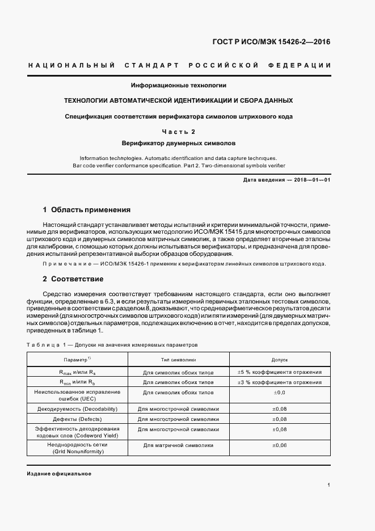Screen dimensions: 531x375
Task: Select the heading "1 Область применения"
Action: click(x=87, y=209)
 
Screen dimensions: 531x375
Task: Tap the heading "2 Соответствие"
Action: click(x=73, y=279)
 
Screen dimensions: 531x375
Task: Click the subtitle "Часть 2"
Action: click(x=179, y=132)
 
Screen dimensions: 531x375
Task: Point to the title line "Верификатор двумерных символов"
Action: click(x=179, y=144)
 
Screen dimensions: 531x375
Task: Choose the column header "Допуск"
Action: click(x=280, y=360)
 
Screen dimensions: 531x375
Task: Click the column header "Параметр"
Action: click(x=77, y=360)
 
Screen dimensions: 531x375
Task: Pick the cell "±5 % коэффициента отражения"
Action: click(x=280, y=372)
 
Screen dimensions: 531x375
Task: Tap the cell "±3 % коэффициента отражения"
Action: click(x=280, y=382)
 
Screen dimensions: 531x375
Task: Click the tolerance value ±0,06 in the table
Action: click(x=280, y=445)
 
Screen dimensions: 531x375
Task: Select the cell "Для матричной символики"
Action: click(x=178, y=445)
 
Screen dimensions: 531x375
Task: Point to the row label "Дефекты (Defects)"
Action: click(x=77, y=419)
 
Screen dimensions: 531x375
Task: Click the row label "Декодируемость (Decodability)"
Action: click(x=77, y=408)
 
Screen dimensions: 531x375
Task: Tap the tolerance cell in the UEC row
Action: click(x=280, y=393)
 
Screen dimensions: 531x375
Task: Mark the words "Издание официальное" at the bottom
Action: click(x=58, y=473)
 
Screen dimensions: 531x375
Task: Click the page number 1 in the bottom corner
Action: click(x=328, y=485)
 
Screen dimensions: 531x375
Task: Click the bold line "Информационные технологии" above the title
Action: click(x=179, y=86)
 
